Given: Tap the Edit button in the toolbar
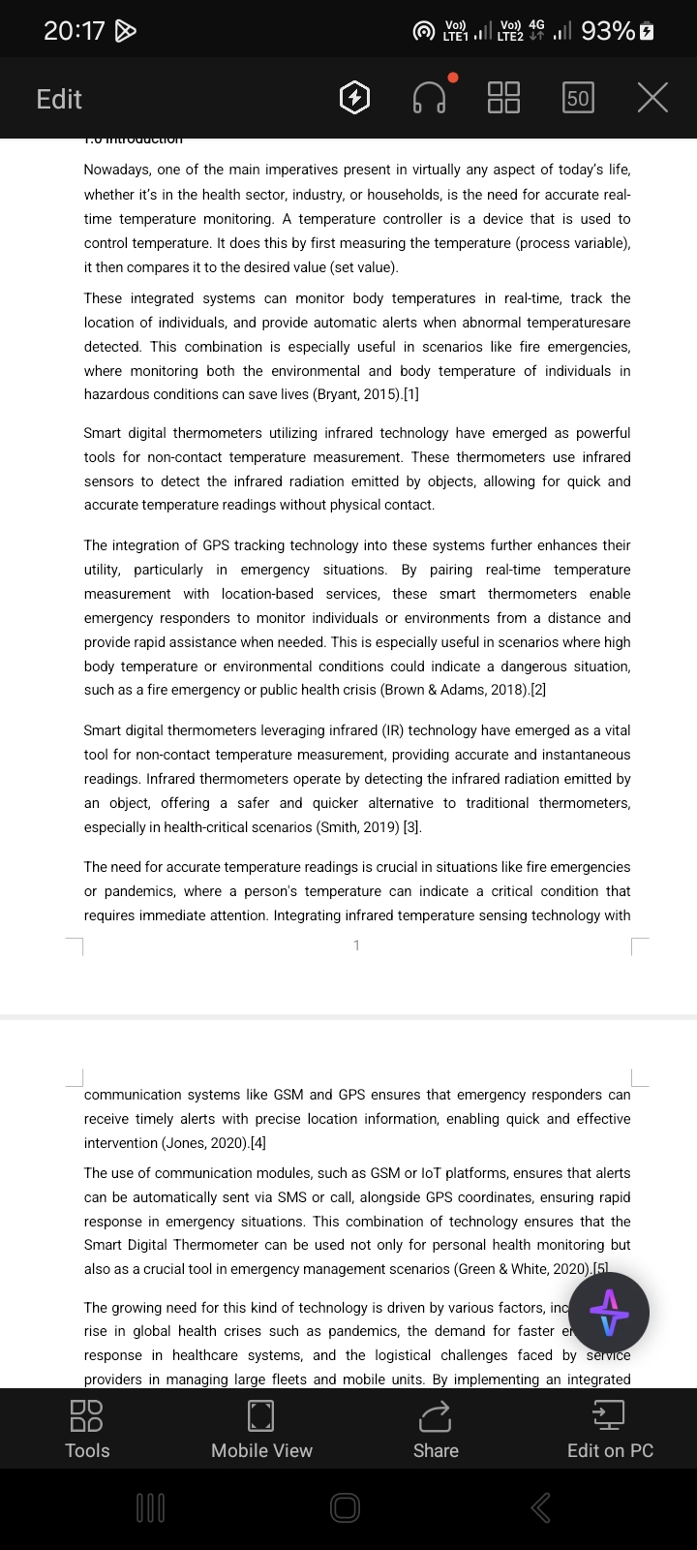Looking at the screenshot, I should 59,99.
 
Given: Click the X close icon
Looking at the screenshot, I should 652,98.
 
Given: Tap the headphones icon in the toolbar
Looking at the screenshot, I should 430,98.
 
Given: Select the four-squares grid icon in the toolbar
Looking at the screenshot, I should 503,98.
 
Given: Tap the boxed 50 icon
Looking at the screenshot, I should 578,98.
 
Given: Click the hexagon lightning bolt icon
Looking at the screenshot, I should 355,98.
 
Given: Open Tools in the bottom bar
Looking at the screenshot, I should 87,1429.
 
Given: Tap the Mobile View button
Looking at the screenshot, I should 261,1429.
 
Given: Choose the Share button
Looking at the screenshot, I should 436,1429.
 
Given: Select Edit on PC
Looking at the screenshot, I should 610,1429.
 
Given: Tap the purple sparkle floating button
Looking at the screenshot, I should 609,1313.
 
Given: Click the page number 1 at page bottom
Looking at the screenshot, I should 356,945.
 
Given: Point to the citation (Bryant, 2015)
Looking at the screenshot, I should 355,394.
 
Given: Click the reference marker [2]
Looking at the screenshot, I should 538,690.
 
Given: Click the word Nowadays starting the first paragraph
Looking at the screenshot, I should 117,170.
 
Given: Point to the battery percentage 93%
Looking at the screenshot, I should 608,31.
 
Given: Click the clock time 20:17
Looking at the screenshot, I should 74,31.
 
